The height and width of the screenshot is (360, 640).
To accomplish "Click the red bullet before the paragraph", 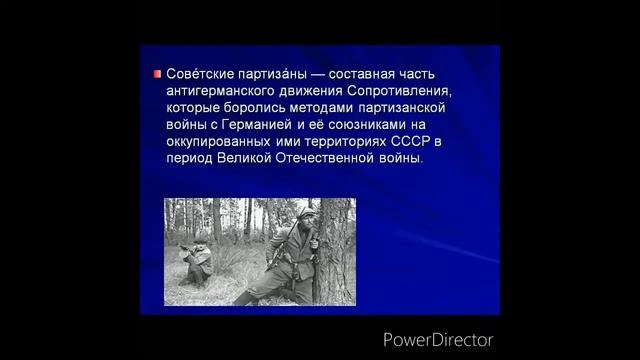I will click(157, 75).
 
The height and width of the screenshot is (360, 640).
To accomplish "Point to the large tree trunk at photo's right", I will click(335, 250).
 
